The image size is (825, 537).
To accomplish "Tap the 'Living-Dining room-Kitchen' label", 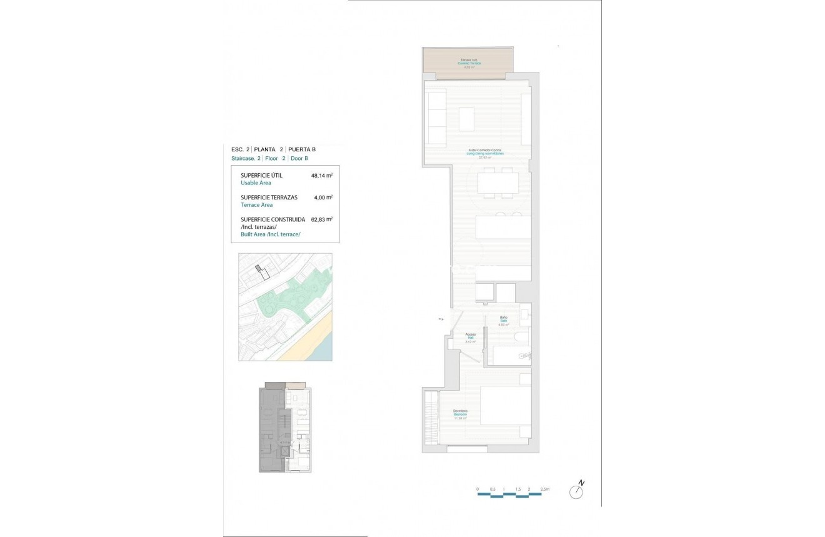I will click(x=485, y=153).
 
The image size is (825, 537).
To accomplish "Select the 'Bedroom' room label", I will click(x=460, y=414).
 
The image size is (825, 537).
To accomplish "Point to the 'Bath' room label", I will click(x=503, y=321).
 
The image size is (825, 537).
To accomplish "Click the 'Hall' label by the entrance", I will click(x=470, y=338).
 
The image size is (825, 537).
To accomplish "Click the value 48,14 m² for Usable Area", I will click(x=321, y=176).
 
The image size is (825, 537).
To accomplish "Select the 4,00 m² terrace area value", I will click(x=322, y=198).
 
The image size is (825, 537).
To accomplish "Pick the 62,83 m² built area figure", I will click(x=321, y=219).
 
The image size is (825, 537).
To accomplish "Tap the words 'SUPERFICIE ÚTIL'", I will click(x=261, y=176).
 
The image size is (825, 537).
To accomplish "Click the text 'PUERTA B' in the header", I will click(x=302, y=149).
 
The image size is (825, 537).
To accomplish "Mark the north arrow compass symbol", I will click(x=576, y=491).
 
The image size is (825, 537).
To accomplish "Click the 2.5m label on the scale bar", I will click(x=544, y=489).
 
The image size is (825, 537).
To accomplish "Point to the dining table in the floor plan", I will click(x=497, y=183).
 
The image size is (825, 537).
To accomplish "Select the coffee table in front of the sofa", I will click(x=466, y=119).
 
